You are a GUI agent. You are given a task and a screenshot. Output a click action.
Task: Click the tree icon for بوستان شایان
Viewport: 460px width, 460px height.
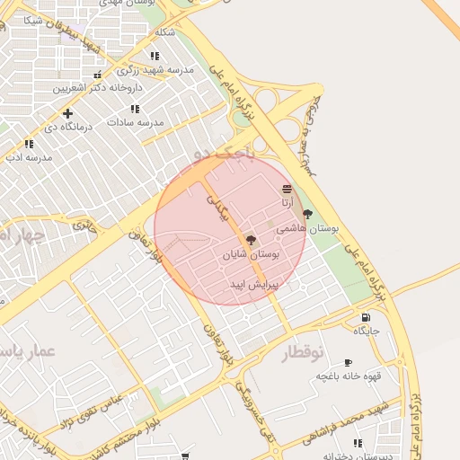click(251, 241)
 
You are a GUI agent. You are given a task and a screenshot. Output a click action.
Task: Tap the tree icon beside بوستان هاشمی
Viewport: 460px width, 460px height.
click(308, 214)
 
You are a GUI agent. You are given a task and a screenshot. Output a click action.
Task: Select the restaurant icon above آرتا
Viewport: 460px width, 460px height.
click(287, 189)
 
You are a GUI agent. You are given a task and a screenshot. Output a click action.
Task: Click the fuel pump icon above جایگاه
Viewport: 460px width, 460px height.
click(365, 317)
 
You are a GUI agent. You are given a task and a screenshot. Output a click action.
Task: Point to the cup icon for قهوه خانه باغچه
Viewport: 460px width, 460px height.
click(348, 362)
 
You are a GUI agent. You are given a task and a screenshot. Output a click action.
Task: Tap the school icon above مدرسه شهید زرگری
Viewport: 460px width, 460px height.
click(155, 56)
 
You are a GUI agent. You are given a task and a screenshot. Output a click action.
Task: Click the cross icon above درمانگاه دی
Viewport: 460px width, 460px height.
click(67, 113)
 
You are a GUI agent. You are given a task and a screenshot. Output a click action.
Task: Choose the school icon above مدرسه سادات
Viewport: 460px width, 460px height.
click(135, 109)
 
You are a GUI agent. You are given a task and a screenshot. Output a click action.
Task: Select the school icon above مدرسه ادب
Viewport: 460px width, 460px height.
click(29, 143)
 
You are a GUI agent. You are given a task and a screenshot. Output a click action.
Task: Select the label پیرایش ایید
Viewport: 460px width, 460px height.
click(255, 284)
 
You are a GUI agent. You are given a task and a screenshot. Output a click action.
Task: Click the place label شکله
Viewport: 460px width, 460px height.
click(164, 32)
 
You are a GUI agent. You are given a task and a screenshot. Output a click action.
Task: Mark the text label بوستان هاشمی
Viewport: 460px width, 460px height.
click(307, 229)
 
